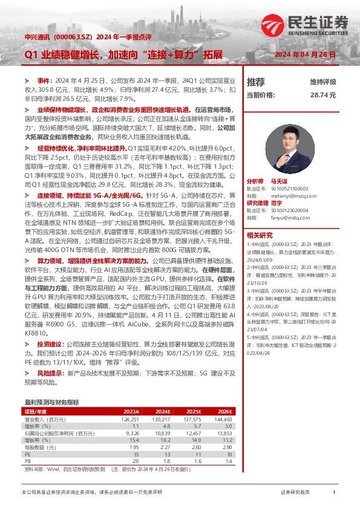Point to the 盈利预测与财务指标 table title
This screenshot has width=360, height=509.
point(51,401)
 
